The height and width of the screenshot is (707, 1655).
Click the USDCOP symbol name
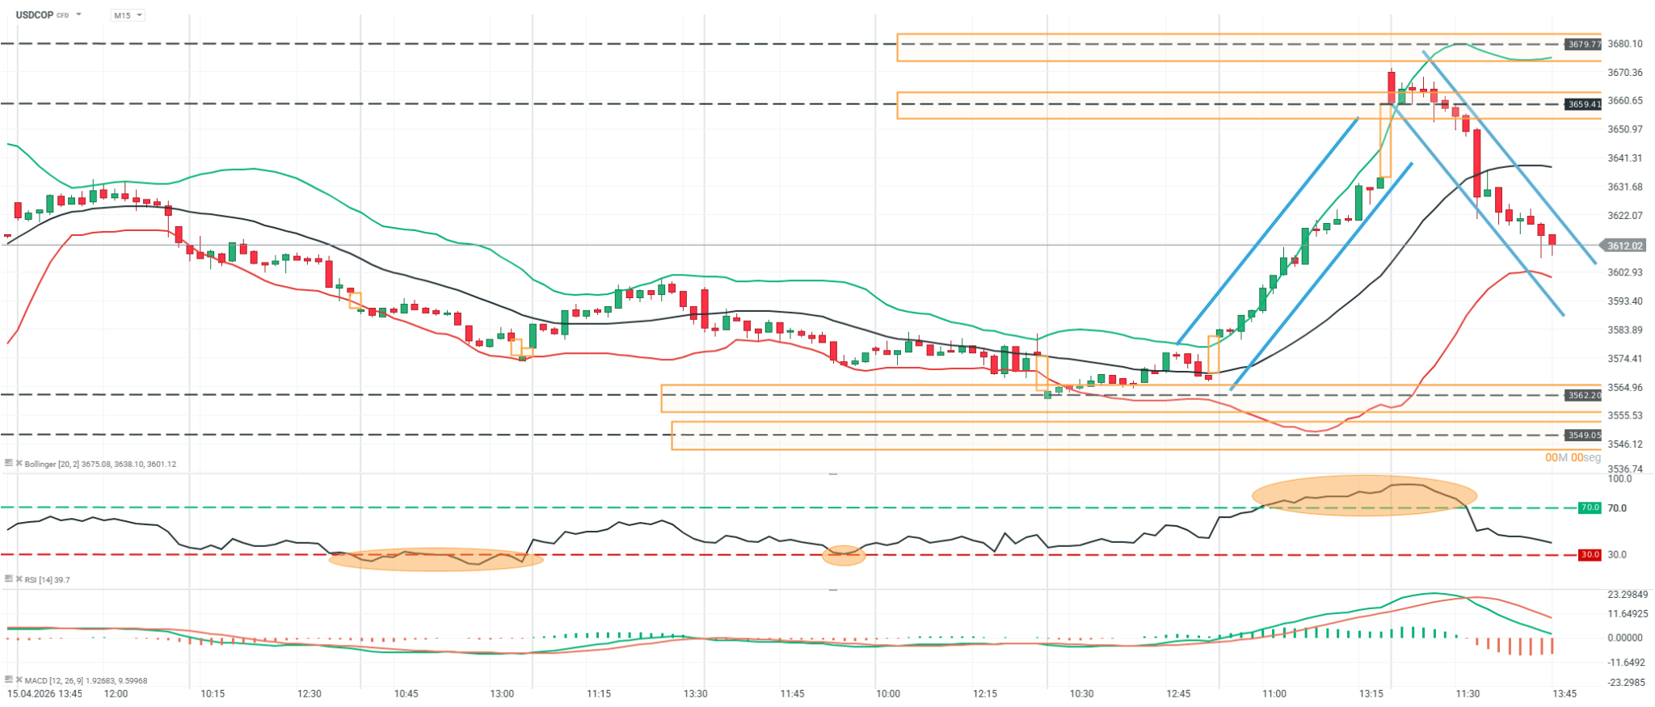click(x=34, y=15)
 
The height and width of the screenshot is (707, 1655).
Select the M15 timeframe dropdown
click(x=127, y=15)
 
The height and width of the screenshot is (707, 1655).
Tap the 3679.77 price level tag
click(x=1583, y=44)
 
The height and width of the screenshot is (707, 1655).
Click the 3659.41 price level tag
click(x=1583, y=104)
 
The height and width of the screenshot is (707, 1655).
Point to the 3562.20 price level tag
click(x=1583, y=395)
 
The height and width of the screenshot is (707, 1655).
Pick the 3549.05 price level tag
click(x=1583, y=435)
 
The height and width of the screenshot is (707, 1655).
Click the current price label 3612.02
click(x=1624, y=246)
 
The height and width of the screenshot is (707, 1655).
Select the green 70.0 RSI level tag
click(x=1590, y=507)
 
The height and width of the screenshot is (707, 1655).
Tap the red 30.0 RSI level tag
click(x=1590, y=554)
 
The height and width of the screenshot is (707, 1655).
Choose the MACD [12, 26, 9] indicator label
click(x=86, y=680)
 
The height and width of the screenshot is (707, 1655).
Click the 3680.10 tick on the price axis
click(x=1624, y=44)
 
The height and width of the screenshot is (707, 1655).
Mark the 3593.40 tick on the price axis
click(x=1624, y=301)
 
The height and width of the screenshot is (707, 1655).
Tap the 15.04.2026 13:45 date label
click(x=44, y=694)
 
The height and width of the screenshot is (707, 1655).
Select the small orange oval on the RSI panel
click(x=844, y=555)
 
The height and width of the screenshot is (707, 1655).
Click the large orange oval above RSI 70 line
click(x=1364, y=494)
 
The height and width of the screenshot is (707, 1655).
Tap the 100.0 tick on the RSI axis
click(x=1619, y=479)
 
